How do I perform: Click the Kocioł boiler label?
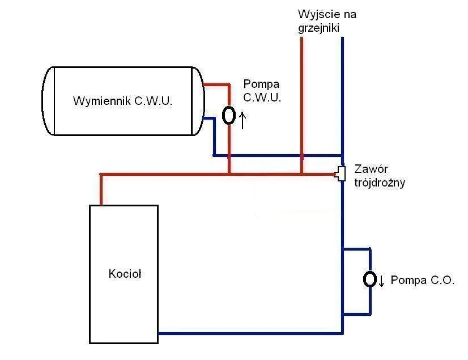click(x=125, y=274)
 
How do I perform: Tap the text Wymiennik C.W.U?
click(x=122, y=101)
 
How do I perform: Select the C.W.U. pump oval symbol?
click(x=229, y=115)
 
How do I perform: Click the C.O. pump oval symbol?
click(x=370, y=279)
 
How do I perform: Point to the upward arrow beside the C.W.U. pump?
click(x=242, y=120)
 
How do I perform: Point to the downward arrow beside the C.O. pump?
click(x=381, y=280)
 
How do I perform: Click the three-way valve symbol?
click(x=341, y=173)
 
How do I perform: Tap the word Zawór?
click(x=371, y=169)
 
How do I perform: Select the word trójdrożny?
click(x=380, y=183)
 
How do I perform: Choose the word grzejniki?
click(x=318, y=28)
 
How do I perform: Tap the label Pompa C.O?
click(x=423, y=280)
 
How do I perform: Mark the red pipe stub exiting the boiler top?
click(x=101, y=190)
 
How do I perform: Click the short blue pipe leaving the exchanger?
click(x=208, y=119)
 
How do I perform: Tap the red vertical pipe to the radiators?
click(x=302, y=102)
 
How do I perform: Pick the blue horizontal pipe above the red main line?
click(x=278, y=155)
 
